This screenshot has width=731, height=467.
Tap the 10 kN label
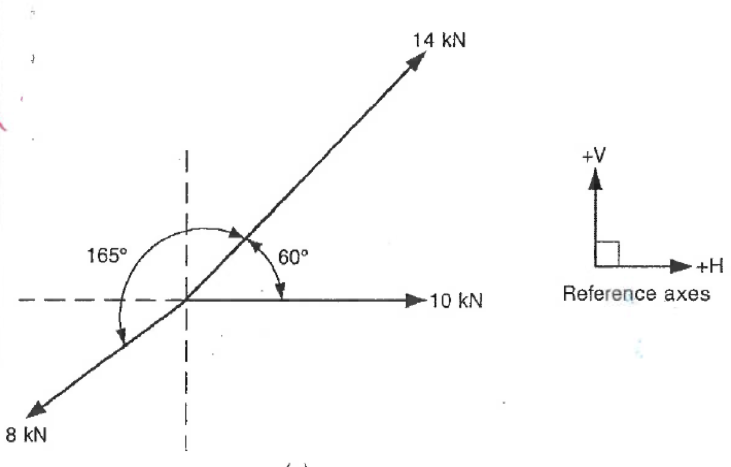pyautogui.click(x=456, y=300)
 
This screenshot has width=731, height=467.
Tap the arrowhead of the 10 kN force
pyautogui.click(x=416, y=300)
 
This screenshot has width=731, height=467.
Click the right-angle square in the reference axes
pyautogui.click(x=607, y=254)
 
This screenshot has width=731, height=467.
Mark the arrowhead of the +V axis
pyautogui.click(x=595, y=178)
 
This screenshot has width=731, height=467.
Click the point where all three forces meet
pyautogui.click(x=186, y=300)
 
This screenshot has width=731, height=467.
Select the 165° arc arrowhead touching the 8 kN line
pyautogui.click(x=123, y=338)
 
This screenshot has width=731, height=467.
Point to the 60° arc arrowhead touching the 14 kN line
pyautogui.click(x=255, y=243)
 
